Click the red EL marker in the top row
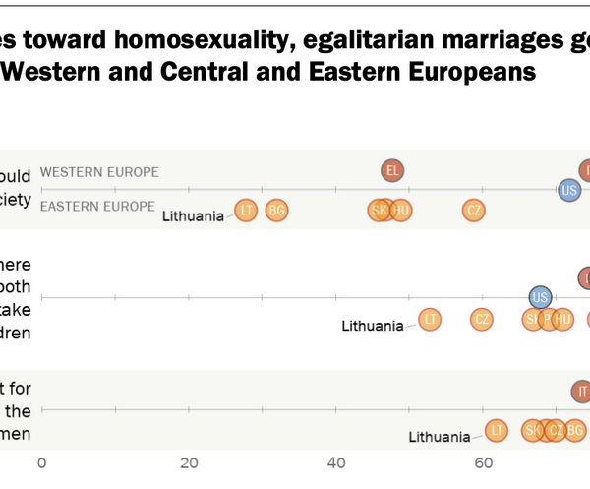[392, 171]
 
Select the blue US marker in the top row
[569, 190]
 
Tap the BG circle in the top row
[276, 210]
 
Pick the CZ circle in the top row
[474, 210]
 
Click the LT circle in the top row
[246, 210]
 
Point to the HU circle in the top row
[400, 210]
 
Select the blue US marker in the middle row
[539, 297]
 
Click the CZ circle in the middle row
[481, 319]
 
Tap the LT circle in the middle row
[430, 319]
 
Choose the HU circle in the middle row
[562, 319]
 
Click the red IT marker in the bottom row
[581, 391]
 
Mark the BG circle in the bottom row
[575, 430]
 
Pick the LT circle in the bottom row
[497, 430]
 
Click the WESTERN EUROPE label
[99, 172]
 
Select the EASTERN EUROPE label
[97, 206]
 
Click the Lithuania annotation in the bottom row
[440, 437]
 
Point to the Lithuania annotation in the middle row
[373, 326]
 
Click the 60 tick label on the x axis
[483, 463]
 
